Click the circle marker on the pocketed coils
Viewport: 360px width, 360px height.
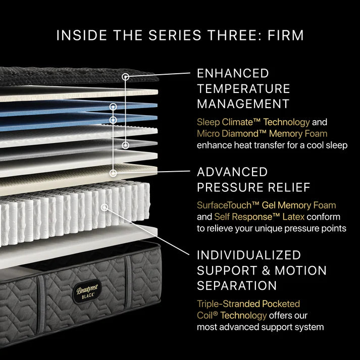[105, 207]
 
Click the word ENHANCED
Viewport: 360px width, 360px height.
[233, 74]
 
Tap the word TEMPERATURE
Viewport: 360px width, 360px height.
[243, 89]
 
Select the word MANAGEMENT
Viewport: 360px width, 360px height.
[243, 104]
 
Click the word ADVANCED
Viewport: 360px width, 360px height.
[232, 172]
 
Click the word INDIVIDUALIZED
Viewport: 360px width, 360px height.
[249, 255]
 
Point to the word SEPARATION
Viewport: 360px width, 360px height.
[237, 285]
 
